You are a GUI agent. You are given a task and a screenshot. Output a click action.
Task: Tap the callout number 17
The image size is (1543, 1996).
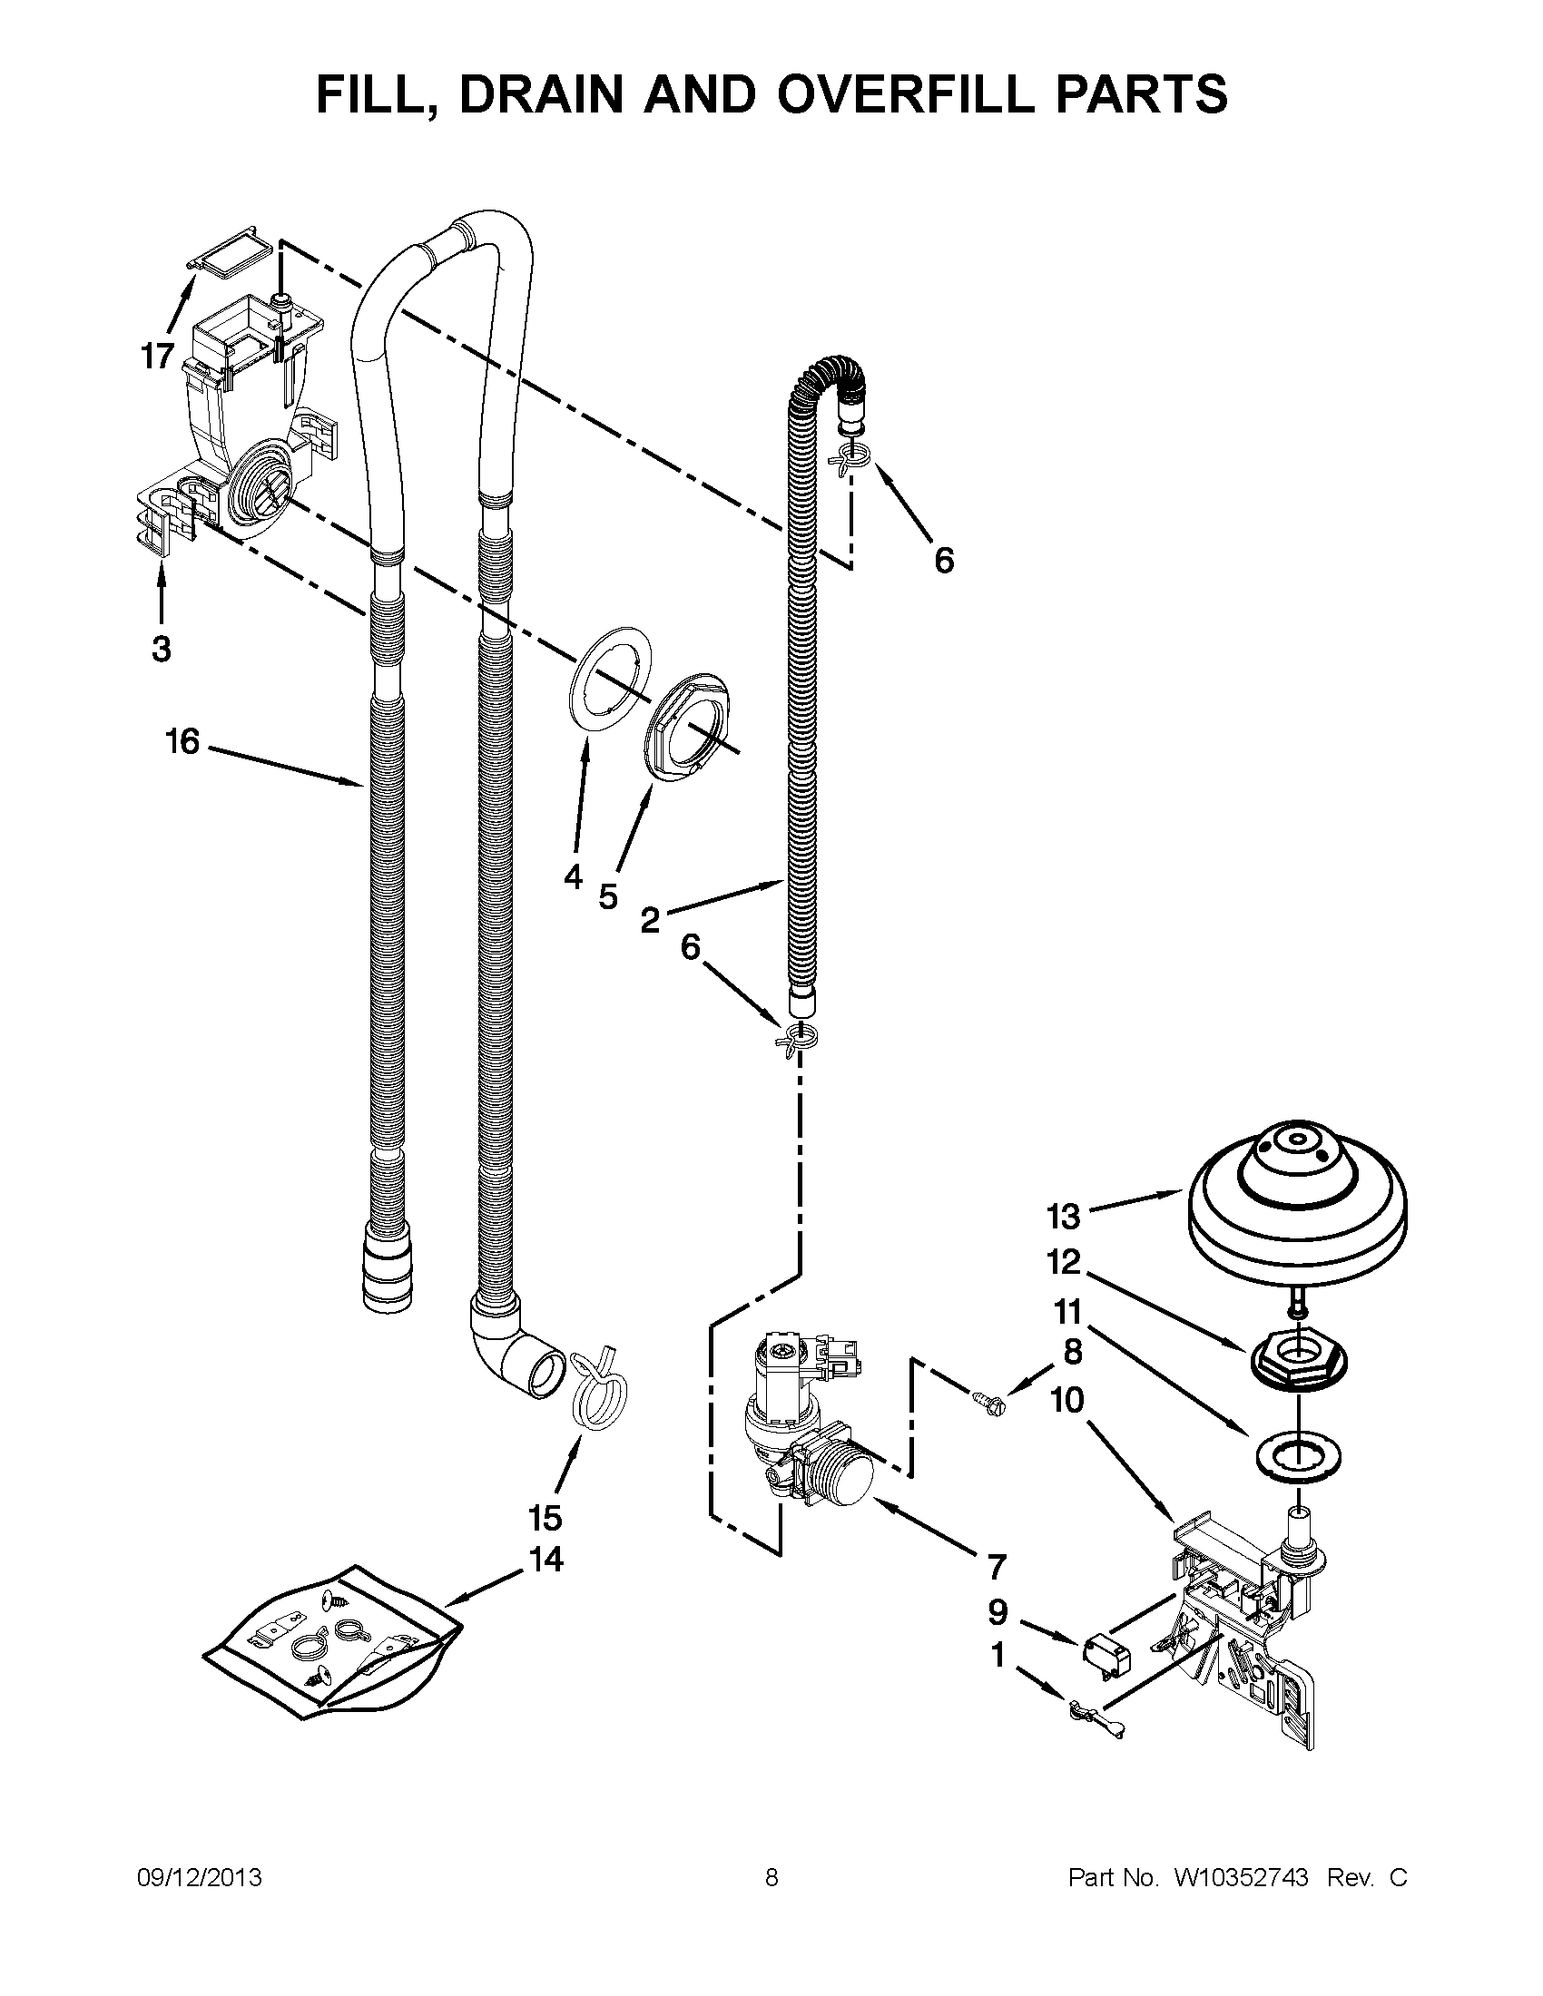(x=157, y=356)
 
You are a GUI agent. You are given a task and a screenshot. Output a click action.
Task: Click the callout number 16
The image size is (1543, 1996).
(x=182, y=741)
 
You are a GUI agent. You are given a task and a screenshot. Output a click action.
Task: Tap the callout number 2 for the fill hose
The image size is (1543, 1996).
(x=649, y=919)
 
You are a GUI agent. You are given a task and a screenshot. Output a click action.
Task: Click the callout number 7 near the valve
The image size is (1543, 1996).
(x=996, y=1567)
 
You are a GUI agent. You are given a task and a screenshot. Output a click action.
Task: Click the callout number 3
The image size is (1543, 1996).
(x=161, y=650)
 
